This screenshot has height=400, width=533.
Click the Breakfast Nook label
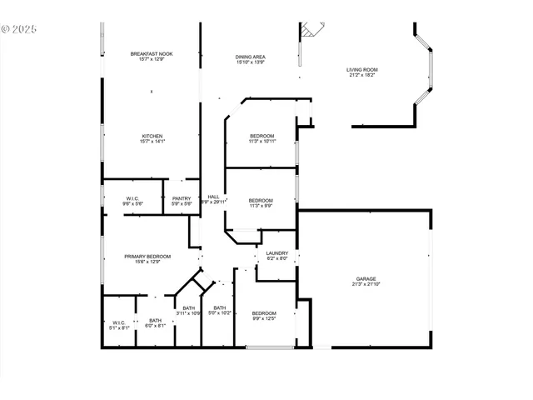pyautogui.click(x=152, y=54)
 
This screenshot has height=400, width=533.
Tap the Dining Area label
pyautogui.click(x=250, y=57)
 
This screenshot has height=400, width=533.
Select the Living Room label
pyautogui.click(x=362, y=70)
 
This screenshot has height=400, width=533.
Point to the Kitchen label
pyautogui.click(x=152, y=136)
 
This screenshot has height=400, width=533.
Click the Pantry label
pyautogui.click(x=182, y=198)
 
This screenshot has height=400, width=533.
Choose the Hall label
pyautogui.click(x=213, y=197)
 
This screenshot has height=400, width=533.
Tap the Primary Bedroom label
pyautogui.click(x=147, y=257)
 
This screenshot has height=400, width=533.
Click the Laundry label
pyautogui.click(x=277, y=253)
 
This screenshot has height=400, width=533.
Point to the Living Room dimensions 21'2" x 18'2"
pyautogui.click(x=362, y=76)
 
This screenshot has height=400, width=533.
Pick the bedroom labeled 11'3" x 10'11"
pyautogui.click(x=262, y=138)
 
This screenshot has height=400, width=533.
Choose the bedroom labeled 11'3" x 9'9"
pyautogui.click(x=261, y=202)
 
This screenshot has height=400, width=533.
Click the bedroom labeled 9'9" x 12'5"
pyautogui.click(x=264, y=315)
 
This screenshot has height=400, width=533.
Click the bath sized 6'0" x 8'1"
pyautogui.click(x=156, y=323)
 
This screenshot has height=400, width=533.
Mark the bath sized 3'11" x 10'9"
pyautogui.click(x=190, y=311)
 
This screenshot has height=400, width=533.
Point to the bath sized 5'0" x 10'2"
pyautogui.click(x=219, y=311)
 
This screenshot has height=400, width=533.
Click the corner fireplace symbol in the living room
pyautogui.click(x=310, y=31)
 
